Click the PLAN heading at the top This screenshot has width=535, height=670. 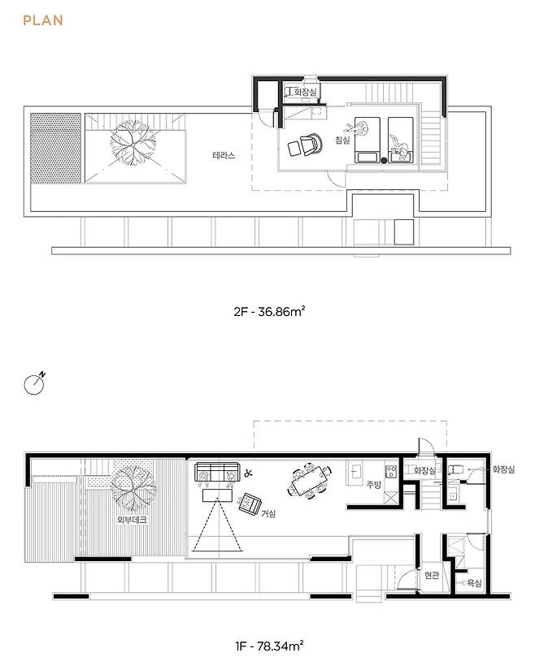coord(43,20)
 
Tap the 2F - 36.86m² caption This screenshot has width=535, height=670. coord(269,312)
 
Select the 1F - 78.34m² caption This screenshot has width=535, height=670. coord(269,646)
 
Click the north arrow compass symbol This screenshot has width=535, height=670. coord(35,383)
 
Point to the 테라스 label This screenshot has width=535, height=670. coord(224,155)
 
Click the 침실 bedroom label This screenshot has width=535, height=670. coord(342,140)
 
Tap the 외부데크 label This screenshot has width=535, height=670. coord(133,520)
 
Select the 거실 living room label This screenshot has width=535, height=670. coord(268,513)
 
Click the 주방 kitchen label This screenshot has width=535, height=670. coord(373,485)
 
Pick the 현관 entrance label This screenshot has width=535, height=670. coord(432,576)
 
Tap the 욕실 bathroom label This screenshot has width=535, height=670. coord(474,582)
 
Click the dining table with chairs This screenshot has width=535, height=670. coord(311,480)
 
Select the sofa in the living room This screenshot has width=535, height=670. coord(217,473)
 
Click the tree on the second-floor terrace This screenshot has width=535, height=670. coord(133,143)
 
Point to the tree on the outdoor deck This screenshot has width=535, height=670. coord(133,488)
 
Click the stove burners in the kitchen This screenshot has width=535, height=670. coord(391,472)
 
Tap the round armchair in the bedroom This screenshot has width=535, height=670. coord(311,144)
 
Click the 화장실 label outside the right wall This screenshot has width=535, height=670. coord(503,469)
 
